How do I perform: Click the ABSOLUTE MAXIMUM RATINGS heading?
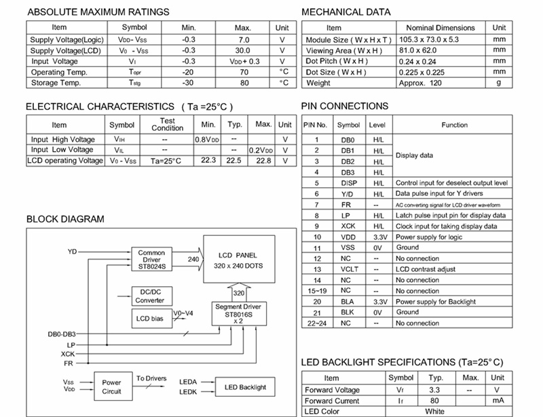[x=98, y=12]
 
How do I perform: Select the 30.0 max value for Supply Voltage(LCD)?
[x=242, y=50]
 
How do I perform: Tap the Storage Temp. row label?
[x=56, y=83]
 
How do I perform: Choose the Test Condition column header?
[x=167, y=124]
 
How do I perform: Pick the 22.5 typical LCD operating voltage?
[x=234, y=161]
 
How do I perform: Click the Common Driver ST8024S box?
[x=151, y=259]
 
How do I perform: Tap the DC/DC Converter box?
[x=149, y=296]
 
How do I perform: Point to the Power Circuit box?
[x=111, y=386]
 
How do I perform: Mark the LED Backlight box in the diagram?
[x=245, y=387]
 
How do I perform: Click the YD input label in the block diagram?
[x=73, y=252]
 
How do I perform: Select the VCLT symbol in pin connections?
[x=348, y=269]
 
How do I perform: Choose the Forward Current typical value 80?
[x=434, y=401]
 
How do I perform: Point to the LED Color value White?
[x=434, y=412]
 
